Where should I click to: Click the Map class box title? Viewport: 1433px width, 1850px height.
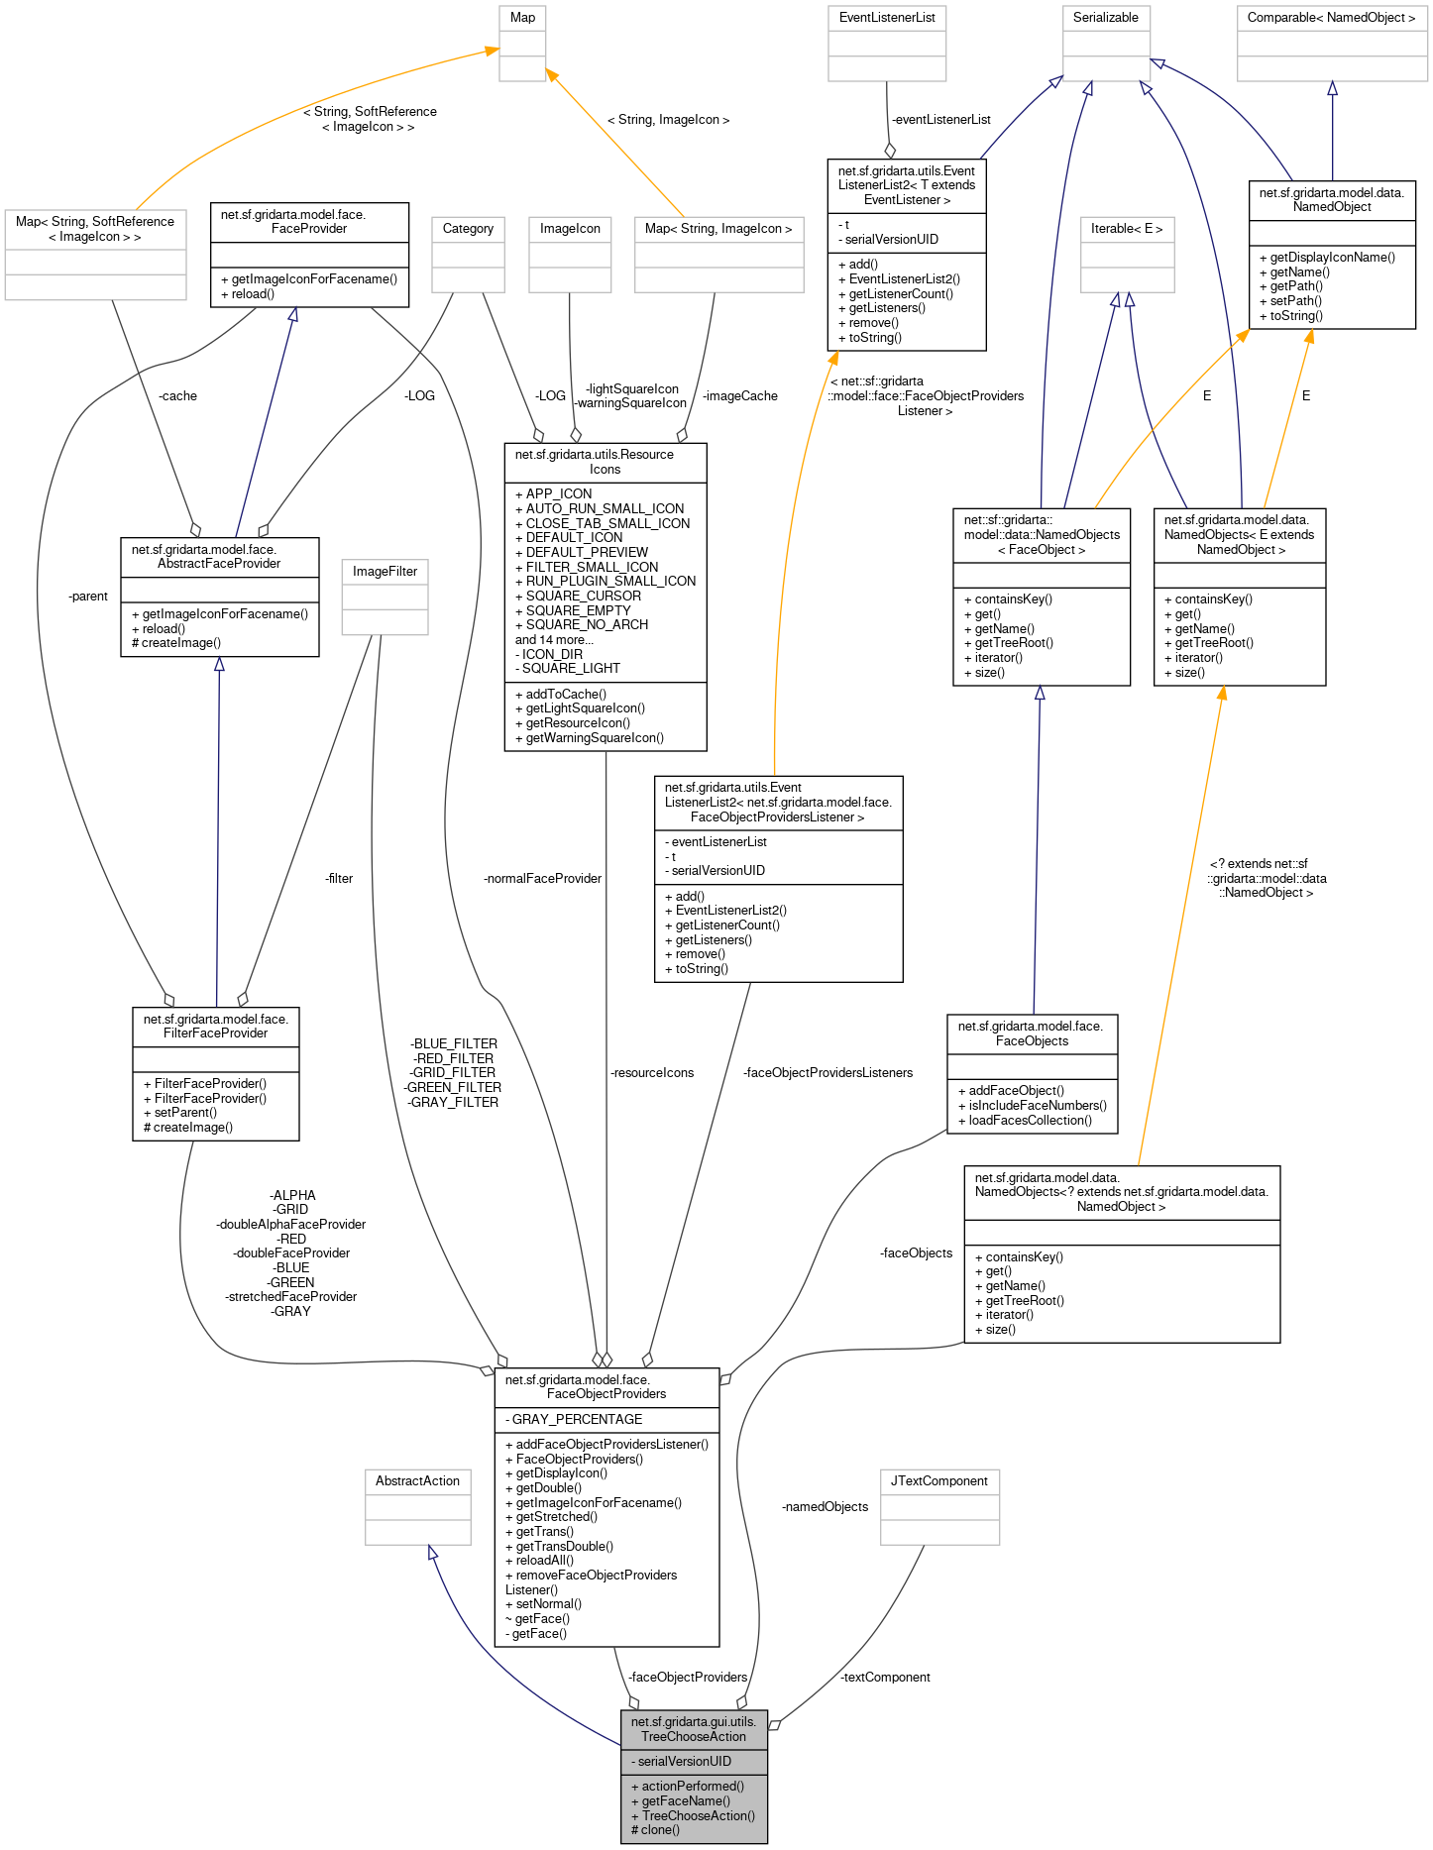pyautogui.click(x=522, y=18)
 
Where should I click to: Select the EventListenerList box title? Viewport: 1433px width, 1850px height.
pyautogui.click(x=887, y=18)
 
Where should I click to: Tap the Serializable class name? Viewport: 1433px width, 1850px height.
pyautogui.click(x=1105, y=18)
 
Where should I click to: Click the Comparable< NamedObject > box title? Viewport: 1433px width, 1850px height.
pyautogui.click(x=1331, y=18)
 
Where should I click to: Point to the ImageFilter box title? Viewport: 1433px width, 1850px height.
pyautogui.click(x=385, y=572)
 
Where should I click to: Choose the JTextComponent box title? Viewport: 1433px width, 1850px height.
pyautogui.click(x=938, y=1481)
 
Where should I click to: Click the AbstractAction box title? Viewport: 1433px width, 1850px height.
pyautogui.click(x=417, y=1481)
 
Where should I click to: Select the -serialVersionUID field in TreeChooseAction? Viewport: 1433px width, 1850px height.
pyautogui.click(x=684, y=1762)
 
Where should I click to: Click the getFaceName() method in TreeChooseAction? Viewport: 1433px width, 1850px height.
pyautogui.click(x=686, y=1801)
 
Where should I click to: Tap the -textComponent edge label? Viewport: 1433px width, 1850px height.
pyautogui.click(x=885, y=1678)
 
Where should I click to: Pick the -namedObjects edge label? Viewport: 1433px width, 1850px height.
pyautogui.click(x=825, y=1507)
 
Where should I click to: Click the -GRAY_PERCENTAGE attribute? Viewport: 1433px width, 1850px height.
pyautogui.click(x=574, y=1420)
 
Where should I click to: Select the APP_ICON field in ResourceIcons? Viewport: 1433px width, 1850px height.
pyautogui.click(x=559, y=494)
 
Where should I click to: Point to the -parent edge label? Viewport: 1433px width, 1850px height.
pyautogui.click(x=88, y=597)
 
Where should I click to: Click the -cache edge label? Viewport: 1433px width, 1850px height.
pyautogui.click(x=177, y=396)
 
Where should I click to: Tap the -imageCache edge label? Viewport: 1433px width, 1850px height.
pyautogui.click(x=739, y=396)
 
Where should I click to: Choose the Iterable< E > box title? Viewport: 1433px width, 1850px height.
pyautogui.click(x=1127, y=229)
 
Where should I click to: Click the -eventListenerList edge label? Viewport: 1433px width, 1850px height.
pyautogui.click(x=940, y=120)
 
